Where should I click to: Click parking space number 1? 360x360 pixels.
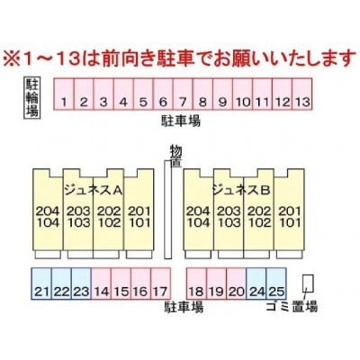[64, 94]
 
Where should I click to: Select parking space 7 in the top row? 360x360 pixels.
[183, 94]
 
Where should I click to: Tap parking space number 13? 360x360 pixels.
[302, 94]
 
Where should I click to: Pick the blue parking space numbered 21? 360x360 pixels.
[41, 283]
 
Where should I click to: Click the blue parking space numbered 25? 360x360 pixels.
[276, 283]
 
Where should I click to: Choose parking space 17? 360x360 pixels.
[160, 283]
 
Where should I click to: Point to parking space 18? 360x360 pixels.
[196, 283]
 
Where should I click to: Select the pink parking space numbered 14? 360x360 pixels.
[101, 283]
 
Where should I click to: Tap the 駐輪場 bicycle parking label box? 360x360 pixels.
[31, 97]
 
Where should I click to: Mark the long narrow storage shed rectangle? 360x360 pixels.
[167, 210]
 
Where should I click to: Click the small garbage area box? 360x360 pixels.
[308, 283]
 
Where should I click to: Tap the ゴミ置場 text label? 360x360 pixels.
[292, 307]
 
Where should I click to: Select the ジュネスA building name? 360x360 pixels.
[94, 190]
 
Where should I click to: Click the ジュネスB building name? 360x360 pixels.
[241, 190]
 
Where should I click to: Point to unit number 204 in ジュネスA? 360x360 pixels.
[48, 211]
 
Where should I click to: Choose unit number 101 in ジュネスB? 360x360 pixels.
[290, 222]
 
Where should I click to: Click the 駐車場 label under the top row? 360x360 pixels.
[181, 121]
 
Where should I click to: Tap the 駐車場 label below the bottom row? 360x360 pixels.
[184, 307]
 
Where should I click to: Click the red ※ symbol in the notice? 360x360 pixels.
[12, 58]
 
